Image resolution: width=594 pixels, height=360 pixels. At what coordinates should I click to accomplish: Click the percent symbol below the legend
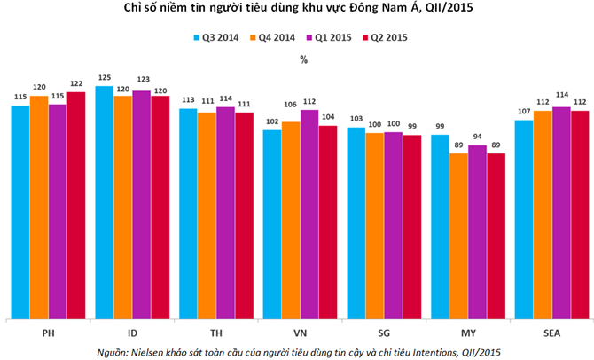tap(303, 59)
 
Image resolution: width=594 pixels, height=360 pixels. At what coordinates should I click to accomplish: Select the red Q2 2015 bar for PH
tap(76, 204)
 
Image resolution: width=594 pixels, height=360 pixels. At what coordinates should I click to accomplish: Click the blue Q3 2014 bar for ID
tap(104, 202)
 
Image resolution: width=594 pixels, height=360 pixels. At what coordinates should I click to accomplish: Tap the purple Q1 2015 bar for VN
tap(309, 213)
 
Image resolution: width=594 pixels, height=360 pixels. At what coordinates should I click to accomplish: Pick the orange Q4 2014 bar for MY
tap(459, 235)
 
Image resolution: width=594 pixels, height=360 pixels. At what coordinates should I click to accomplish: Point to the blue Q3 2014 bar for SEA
tap(524, 218)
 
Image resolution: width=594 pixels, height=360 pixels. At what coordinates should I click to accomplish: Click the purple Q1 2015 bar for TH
tap(225, 212)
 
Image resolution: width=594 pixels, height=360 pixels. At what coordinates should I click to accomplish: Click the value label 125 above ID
tap(104, 80)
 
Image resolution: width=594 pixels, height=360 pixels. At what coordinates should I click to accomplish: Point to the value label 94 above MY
tap(477, 138)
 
